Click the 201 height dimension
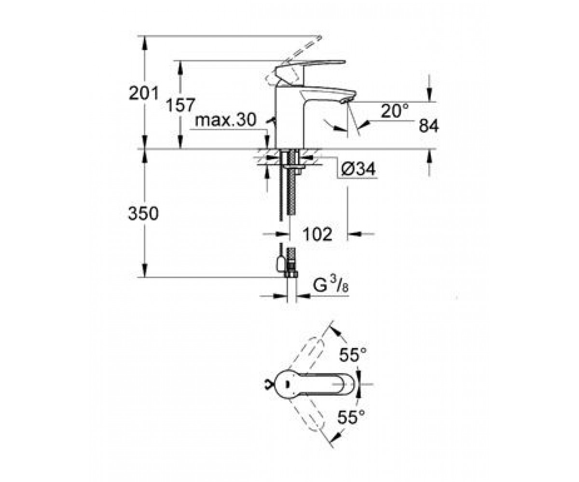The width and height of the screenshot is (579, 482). click(x=144, y=93)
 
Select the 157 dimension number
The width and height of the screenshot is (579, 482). click(x=180, y=105)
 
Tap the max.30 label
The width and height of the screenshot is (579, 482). click(x=225, y=120)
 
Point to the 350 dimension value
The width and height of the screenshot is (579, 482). click(x=143, y=214)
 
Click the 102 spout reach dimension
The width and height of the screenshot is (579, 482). click(x=317, y=234)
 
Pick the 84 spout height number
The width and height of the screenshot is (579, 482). click(x=428, y=125)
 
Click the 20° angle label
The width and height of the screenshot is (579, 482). click(x=395, y=110)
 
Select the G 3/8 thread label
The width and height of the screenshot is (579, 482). click(x=331, y=285)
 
